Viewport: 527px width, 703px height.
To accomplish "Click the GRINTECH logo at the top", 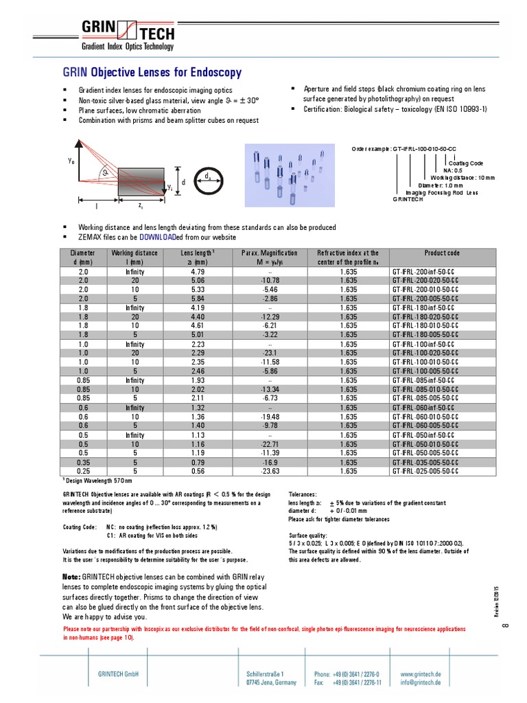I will (x=128, y=34).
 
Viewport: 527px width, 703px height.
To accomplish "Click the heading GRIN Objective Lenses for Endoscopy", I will (x=152, y=72).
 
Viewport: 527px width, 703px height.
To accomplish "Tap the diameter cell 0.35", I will (x=84, y=462).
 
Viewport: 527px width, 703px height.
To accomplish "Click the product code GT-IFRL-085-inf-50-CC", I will (x=423, y=380).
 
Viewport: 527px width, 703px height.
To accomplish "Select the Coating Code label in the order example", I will (x=466, y=163).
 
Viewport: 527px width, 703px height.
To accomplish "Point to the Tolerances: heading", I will (x=303, y=494).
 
